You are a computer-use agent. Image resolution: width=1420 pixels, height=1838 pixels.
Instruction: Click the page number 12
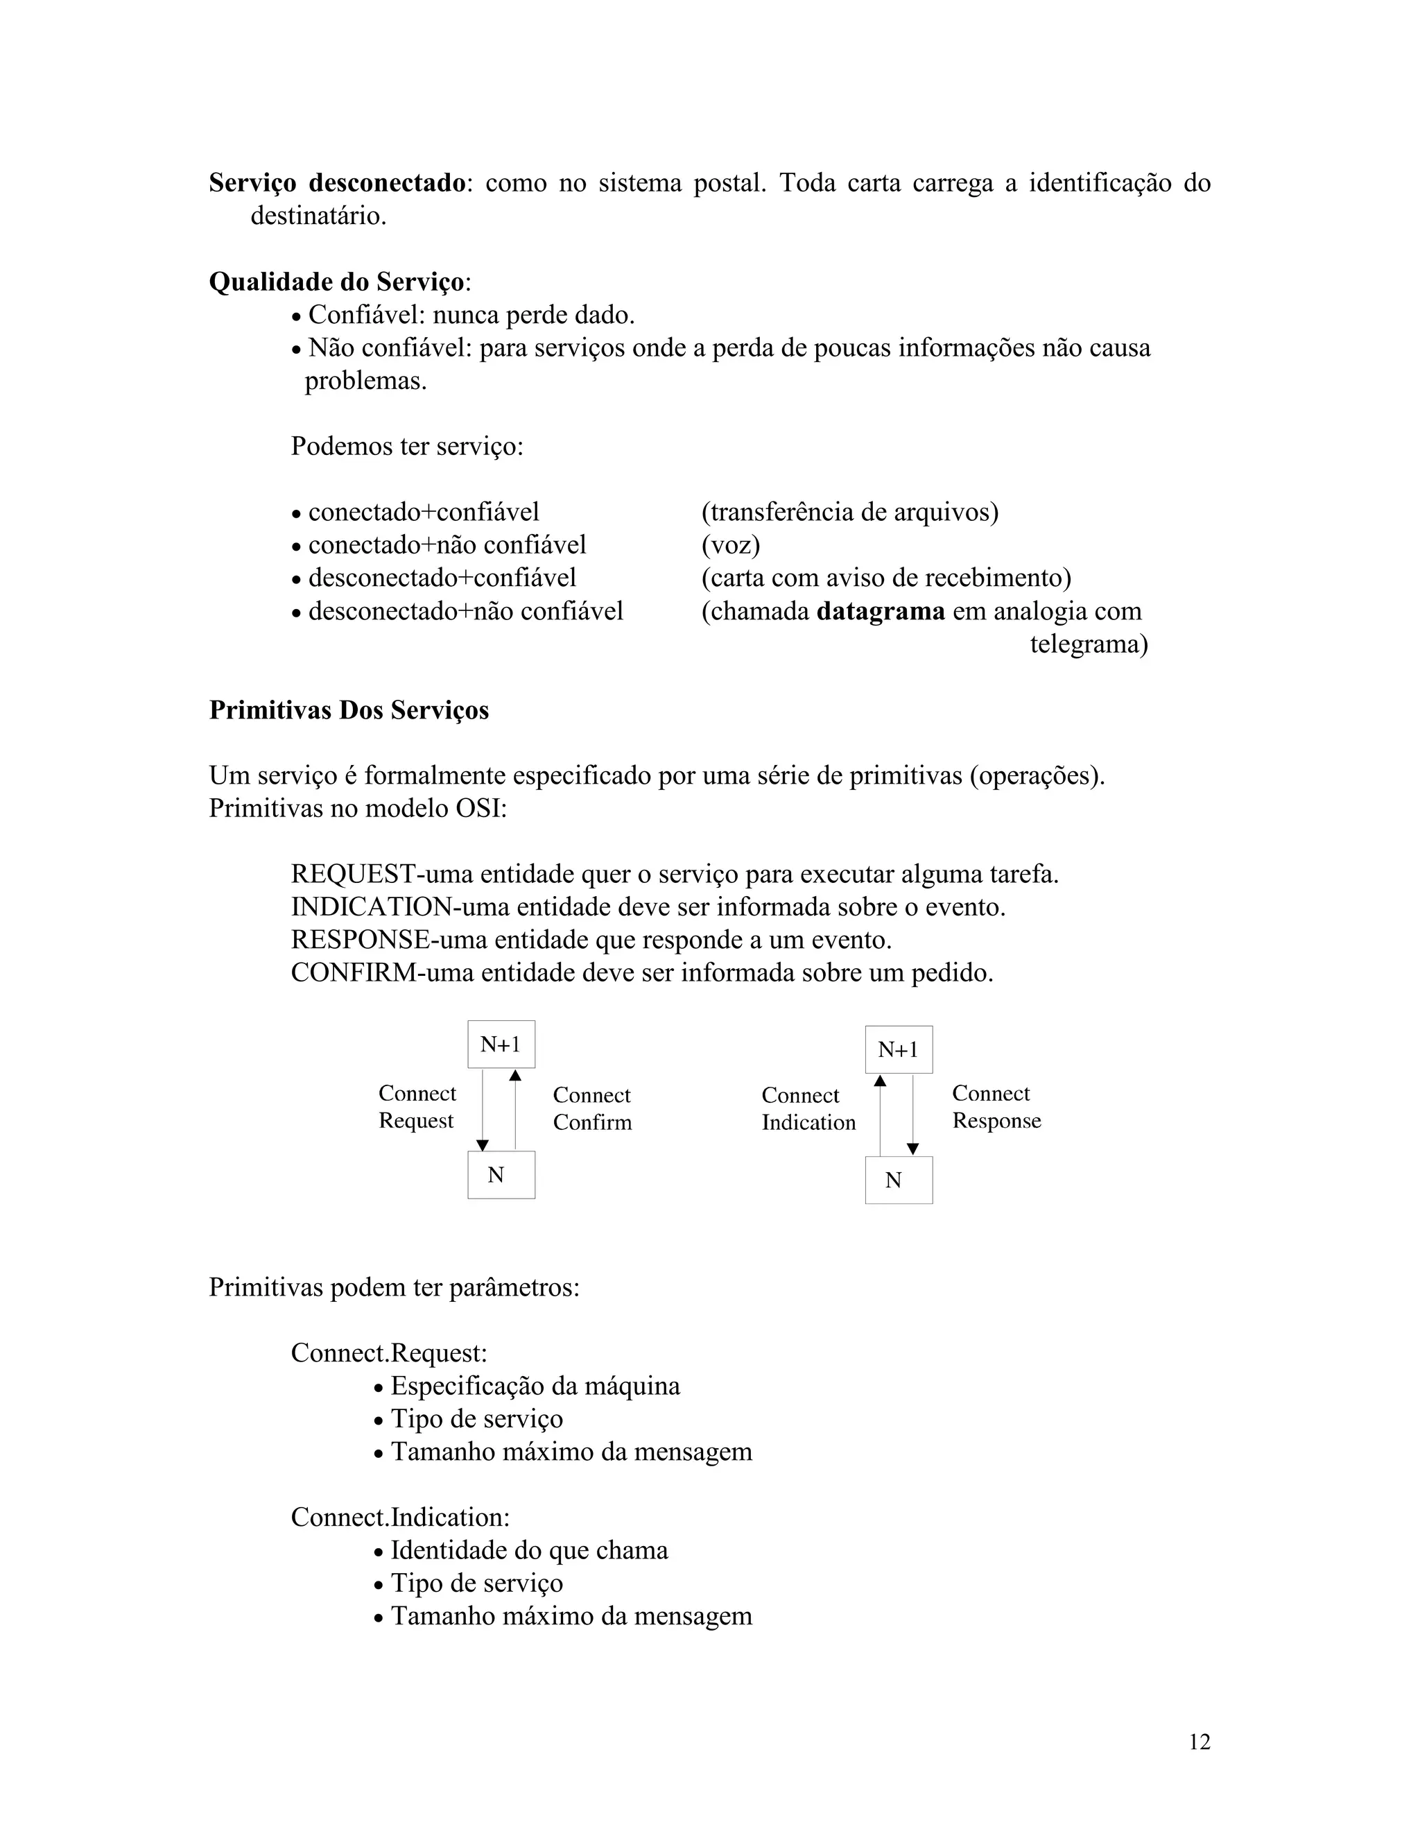1199,1741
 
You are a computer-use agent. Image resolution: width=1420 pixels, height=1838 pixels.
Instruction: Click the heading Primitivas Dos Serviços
348,710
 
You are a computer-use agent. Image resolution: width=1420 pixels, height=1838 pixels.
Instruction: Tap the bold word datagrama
880,611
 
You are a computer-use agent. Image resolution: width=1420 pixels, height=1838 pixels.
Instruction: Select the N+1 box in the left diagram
501,1045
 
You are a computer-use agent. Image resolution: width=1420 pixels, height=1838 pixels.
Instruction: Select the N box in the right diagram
899,1180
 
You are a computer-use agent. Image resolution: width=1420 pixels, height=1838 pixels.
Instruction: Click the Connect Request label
417,1107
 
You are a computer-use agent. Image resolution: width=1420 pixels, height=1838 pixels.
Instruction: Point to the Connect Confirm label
591,1108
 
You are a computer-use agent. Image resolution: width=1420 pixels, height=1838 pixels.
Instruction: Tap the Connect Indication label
808,1108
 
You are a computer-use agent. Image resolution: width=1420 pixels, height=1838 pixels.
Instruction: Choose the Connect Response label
996,1107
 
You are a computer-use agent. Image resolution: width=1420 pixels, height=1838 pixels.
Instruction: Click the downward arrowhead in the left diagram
483,1145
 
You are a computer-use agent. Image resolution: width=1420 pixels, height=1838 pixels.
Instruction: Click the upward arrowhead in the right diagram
880,1081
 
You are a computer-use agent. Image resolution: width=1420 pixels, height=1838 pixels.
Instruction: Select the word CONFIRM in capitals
354,973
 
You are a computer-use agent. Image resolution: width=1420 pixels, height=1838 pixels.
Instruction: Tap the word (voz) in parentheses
730,545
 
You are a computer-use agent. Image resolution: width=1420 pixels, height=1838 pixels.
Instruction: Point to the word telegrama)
1089,644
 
